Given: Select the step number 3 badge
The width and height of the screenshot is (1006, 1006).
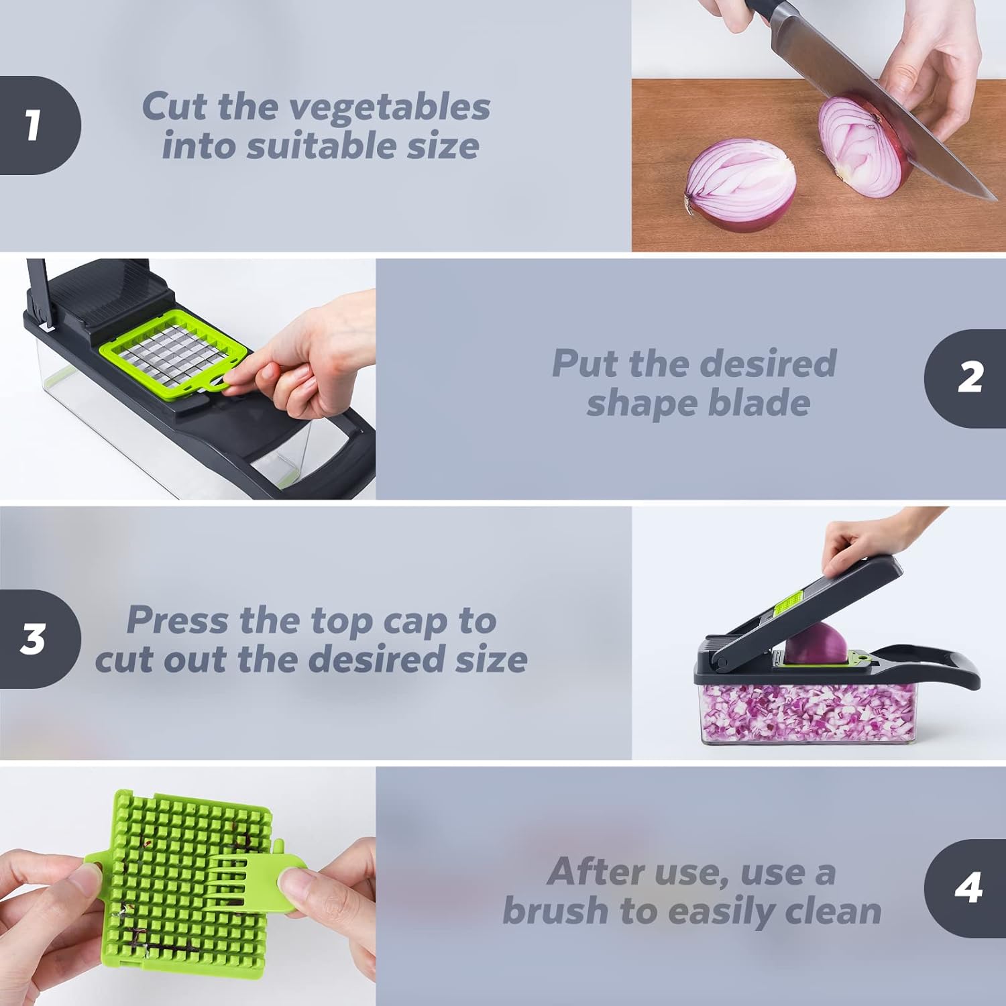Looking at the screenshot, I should (34, 639).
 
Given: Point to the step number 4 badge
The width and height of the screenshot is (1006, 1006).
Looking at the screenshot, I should (968, 888).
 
